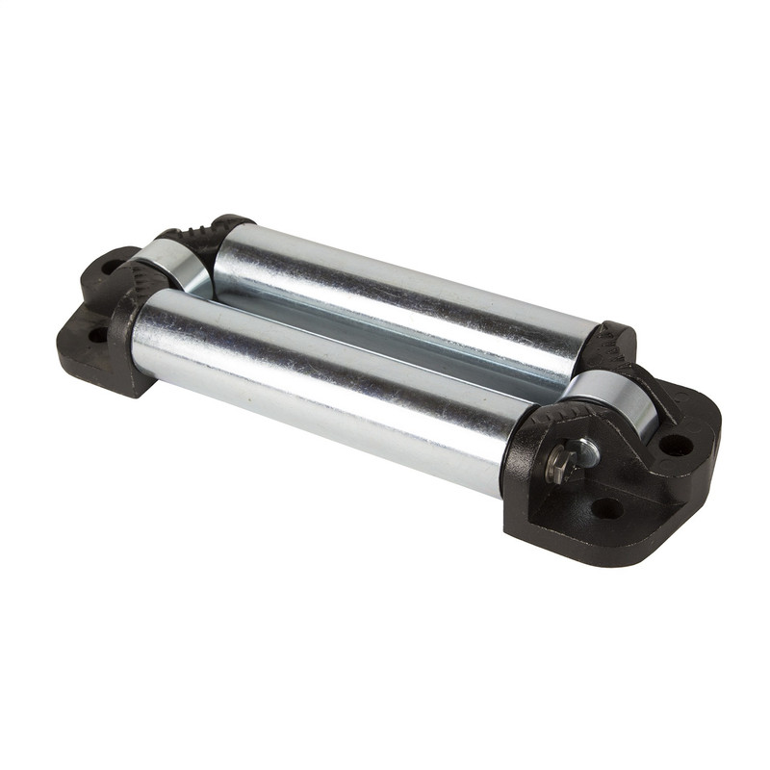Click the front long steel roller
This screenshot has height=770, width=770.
[318, 385]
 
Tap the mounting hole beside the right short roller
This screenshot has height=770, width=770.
[676, 445]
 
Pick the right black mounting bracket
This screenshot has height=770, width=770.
[616, 481]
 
